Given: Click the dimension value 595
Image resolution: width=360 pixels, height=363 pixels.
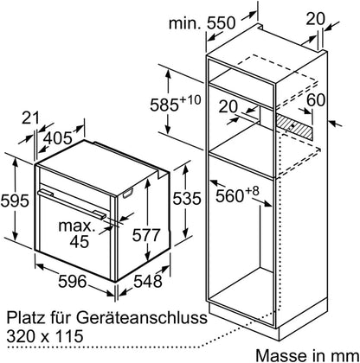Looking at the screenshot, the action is (x=15, y=201).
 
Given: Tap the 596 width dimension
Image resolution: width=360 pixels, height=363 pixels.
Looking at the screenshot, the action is (x=72, y=281).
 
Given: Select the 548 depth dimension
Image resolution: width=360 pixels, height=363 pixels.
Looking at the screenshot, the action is (x=147, y=281).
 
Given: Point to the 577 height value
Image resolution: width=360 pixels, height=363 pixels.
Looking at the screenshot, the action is (x=146, y=235).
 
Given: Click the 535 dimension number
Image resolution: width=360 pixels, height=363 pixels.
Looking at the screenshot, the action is (x=187, y=199).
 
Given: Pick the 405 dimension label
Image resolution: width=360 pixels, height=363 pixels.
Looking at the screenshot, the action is (x=58, y=138).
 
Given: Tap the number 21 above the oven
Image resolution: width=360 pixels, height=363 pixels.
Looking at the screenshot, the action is (x=30, y=118).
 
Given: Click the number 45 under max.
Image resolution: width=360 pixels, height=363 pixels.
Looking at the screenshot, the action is (x=80, y=241).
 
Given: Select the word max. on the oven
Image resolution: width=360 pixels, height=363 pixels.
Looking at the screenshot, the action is (x=77, y=226).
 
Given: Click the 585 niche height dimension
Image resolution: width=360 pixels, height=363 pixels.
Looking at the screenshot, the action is (x=164, y=105).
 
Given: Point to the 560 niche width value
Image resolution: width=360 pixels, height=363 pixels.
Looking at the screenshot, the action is (x=230, y=196).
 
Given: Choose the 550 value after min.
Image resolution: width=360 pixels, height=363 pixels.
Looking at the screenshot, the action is (x=222, y=23).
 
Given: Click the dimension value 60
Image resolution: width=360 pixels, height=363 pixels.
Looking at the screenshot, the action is (x=316, y=100).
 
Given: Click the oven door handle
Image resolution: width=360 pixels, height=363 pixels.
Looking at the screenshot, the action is (x=72, y=203).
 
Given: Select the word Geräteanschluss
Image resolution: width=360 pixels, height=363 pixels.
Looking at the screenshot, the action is (x=142, y=318).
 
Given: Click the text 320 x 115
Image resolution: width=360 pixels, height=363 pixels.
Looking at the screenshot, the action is (x=45, y=336).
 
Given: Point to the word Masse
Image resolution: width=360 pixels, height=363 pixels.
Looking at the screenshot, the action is (x=280, y=355).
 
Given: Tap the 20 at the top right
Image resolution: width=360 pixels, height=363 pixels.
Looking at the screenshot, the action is (x=315, y=20).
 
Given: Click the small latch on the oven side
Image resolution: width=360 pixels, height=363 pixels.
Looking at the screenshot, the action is (x=128, y=194).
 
